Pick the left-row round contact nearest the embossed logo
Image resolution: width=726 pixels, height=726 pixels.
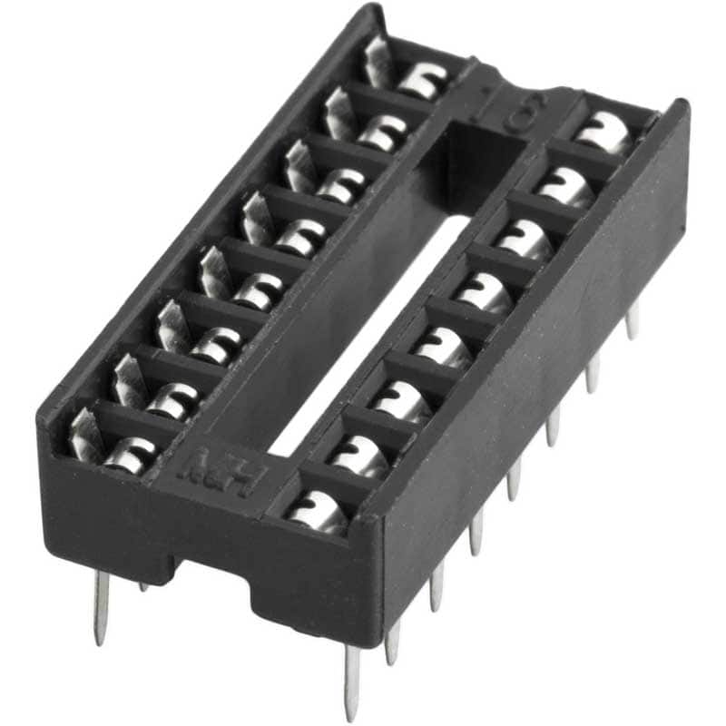click(127, 454)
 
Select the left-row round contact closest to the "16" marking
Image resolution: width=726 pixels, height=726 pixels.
click(422, 79)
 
